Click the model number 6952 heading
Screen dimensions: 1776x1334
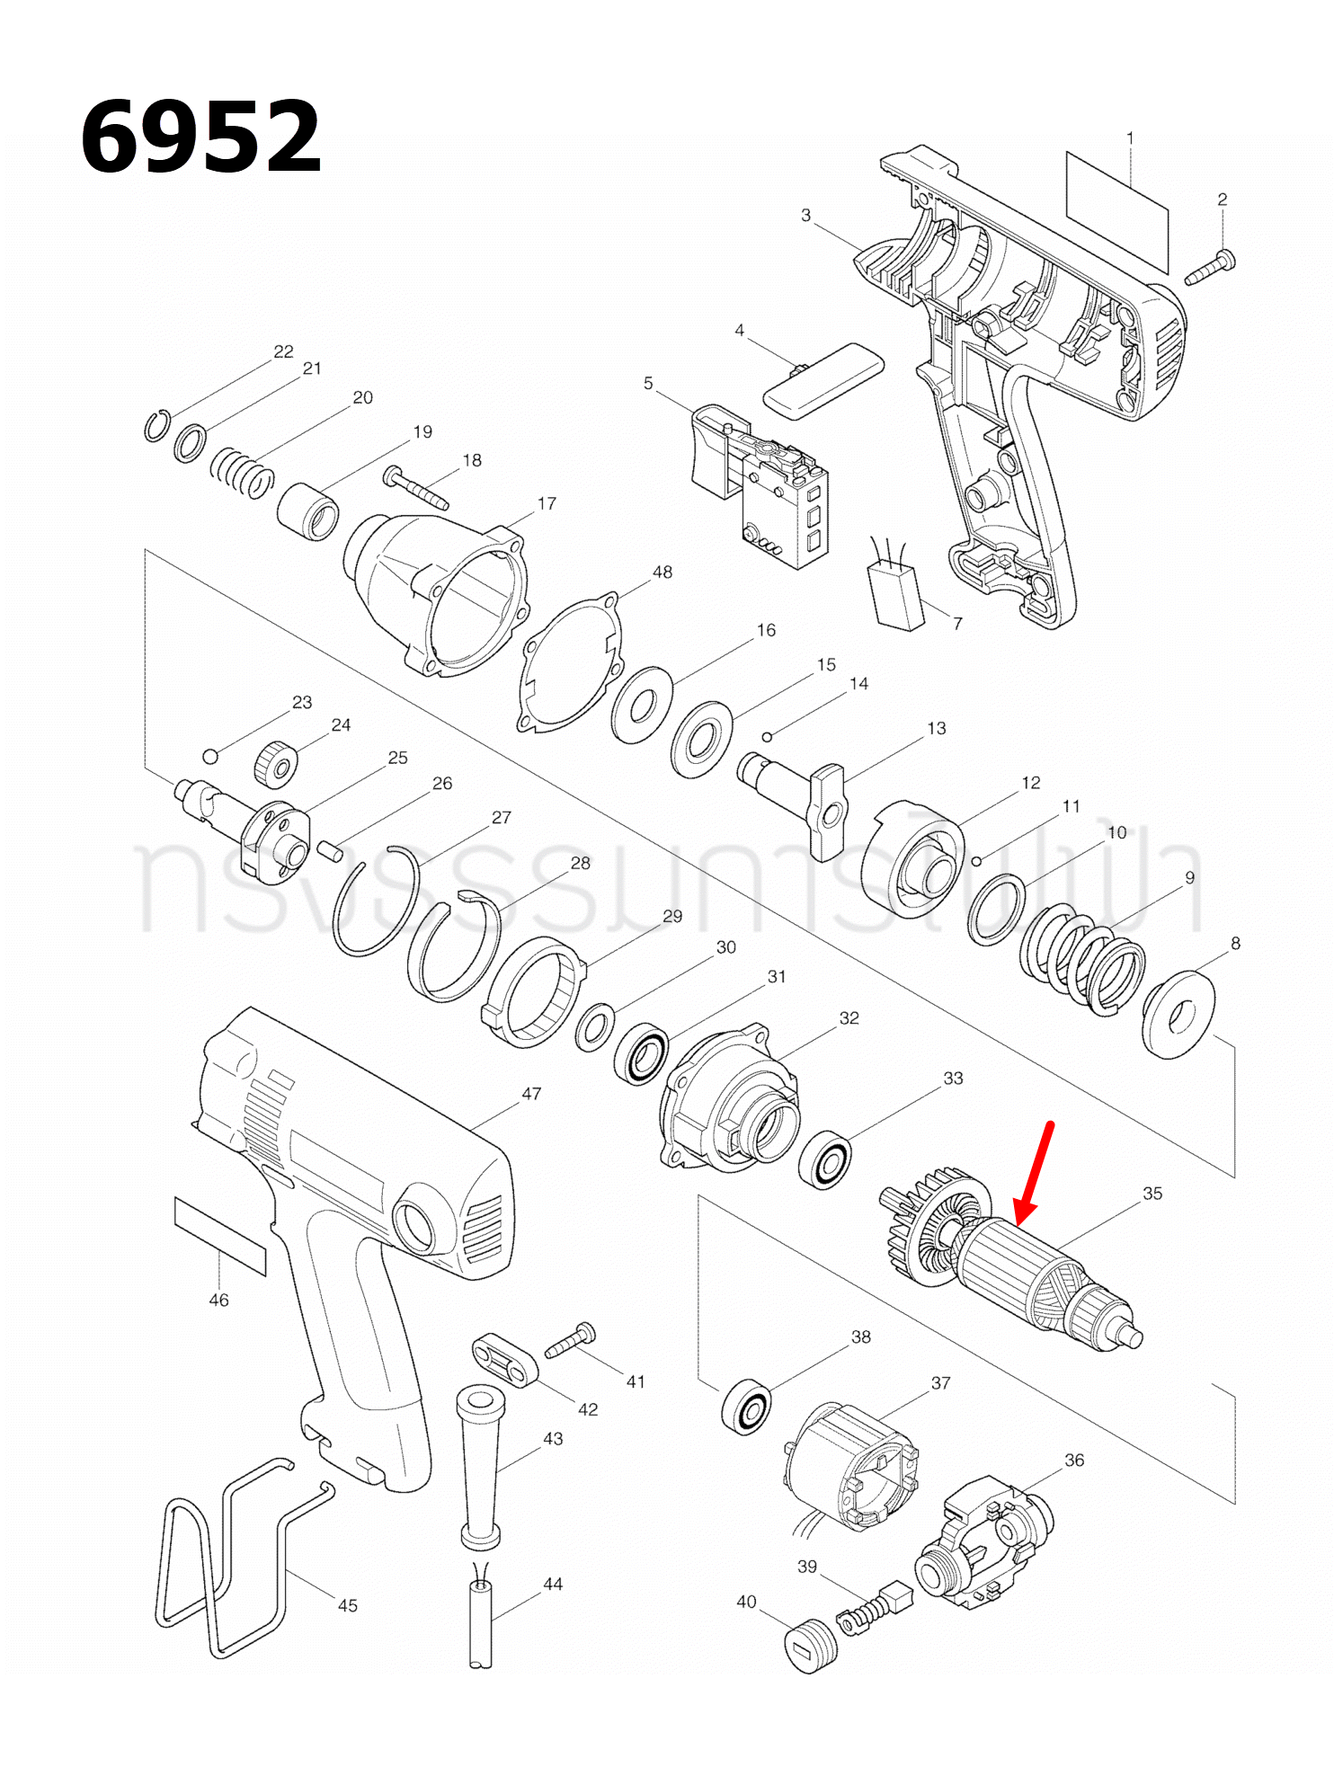[x=200, y=137]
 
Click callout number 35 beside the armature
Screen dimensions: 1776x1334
[x=1152, y=1194]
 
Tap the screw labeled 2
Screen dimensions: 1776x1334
[x=1212, y=268]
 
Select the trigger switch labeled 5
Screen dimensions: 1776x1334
[x=760, y=485]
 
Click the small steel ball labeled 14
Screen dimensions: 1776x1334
[x=767, y=737]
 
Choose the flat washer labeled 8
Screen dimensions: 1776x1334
[x=1178, y=1014]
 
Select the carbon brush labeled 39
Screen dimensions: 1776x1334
[x=876, y=1609]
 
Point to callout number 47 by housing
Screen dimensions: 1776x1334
[x=531, y=1094]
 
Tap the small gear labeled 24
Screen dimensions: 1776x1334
[x=275, y=765]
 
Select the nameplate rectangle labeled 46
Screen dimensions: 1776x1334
[x=220, y=1236]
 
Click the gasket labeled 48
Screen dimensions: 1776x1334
[x=572, y=663]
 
